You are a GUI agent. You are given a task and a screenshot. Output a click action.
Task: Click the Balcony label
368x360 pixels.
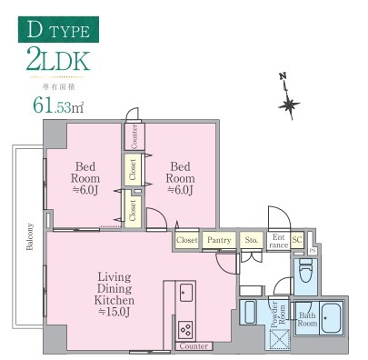point(30,240)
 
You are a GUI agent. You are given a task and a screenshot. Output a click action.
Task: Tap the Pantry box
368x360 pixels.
point(219,241)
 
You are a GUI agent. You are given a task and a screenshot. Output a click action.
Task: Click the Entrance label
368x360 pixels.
point(278,241)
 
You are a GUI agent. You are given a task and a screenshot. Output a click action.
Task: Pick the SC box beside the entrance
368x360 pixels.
point(297,240)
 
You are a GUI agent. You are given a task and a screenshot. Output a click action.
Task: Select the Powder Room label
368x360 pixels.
point(282,314)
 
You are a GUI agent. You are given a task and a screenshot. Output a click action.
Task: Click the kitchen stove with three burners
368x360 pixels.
point(186,329)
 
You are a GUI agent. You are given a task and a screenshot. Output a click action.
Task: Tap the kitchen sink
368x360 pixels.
point(185,292)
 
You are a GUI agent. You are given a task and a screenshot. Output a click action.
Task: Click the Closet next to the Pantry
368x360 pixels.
point(187,241)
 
